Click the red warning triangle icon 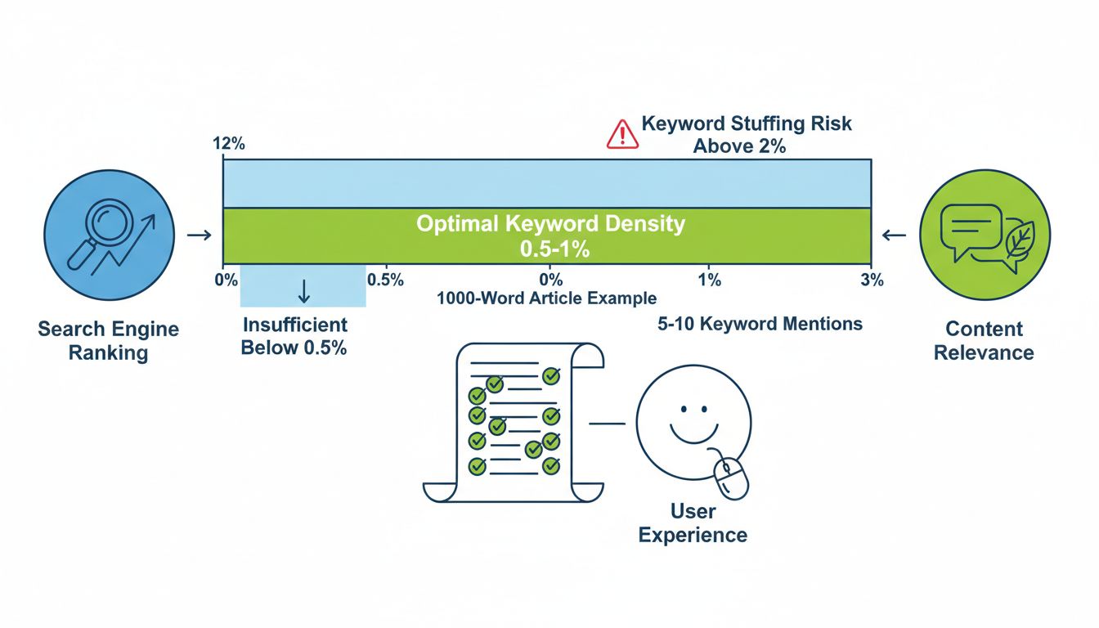(x=622, y=135)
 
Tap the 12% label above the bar (x=228, y=145)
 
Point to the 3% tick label (x=872, y=280)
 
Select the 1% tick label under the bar (x=710, y=280)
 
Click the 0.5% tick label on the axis (x=386, y=280)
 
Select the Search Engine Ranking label (x=108, y=341)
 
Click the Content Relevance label (x=984, y=341)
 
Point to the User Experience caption (x=693, y=523)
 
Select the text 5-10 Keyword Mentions (x=760, y=324)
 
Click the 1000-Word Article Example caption (x=546, y=298)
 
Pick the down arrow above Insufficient (x=304, y=290)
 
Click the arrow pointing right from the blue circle (x=199, y=235)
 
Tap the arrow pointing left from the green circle (x=895, y=235)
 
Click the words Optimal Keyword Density (x=549, y=224)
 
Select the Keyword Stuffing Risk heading (x=747, y=124)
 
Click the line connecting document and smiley (x=607, y=424)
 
